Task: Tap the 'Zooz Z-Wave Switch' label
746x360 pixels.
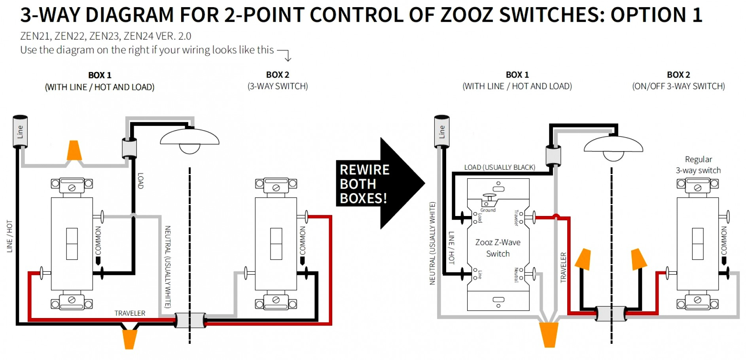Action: pyautogui.click(x=498, y=248)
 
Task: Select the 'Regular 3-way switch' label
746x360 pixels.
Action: pyautogui.click(x=698, y=165)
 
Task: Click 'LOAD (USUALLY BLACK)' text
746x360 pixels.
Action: pyautogui.click(x=500, y=167)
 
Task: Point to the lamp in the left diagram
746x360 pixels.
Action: pyautogui.click(x=189, y=140)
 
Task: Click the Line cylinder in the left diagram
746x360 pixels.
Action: pyautogui.click(x=20, y=131)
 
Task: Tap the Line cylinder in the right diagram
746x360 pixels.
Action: pyautogui.click(x=442, y=131)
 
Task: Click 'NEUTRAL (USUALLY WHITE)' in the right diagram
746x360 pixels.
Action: pyautogui.click(x=432, y=243)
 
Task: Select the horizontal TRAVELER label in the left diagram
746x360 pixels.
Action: pyautogui.click(x=130, y=313)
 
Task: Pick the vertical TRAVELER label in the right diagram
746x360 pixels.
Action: pyautogui.click(x=563, y=267)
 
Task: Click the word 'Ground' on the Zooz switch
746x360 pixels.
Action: pyautogui.click(x=488, y=210)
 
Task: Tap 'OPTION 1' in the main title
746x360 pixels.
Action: pyautogui.click(x=656, y=15)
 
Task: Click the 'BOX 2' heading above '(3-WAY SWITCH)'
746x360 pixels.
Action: pyautogui.click(x=278, y=75)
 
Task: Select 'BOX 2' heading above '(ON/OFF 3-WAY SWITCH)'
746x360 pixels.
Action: pyautogui.click(x=678, y=75)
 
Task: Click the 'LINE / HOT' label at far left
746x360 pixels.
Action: pyautogui.click(x=9, y=236)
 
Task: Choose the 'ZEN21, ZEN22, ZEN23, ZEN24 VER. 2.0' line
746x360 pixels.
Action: pyautogui.click(x=106, y=36)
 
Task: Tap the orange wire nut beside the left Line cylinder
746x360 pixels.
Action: pyautogui.click(x=74, y=150)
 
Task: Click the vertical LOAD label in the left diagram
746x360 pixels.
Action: pyautogui.click(x=140, y=181)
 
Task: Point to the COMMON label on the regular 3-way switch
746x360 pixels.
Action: pyautogui.click(x=723, y=241)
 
